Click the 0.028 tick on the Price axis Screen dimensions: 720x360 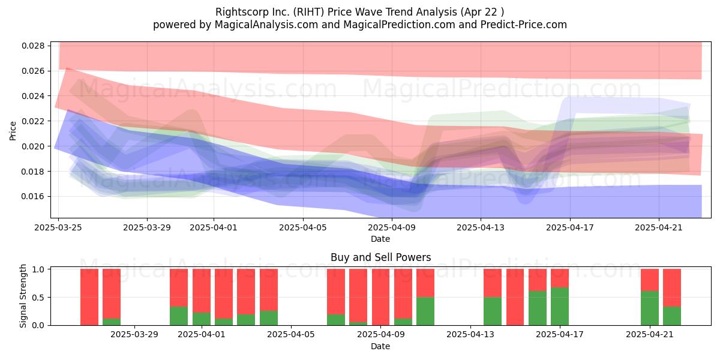(33, 46)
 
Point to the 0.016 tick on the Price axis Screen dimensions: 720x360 (33, 196)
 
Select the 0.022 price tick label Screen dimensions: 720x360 (33, 121)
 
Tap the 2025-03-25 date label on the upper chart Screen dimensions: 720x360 (58, 227)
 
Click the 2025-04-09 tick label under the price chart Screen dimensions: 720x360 (392, 227)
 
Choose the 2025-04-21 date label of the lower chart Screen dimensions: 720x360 (650, 335)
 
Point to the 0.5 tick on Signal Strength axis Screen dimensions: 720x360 (39, 298)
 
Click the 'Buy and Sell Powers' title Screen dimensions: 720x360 (380, 257)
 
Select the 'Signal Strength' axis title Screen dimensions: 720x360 (23, 296)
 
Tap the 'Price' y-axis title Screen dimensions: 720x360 (13, 131)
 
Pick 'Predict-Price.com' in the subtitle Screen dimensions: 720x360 (524, 25)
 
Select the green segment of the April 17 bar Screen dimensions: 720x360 (560, 307)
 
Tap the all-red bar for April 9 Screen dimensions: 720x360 (380, 297)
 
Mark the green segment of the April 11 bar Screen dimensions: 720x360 (425, 311)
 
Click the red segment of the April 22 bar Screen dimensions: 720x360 (672, 287)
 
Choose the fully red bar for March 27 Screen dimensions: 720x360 (89, 297)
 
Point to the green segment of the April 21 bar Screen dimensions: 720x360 (650, 308)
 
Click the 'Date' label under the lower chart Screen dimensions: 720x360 (380, 347)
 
